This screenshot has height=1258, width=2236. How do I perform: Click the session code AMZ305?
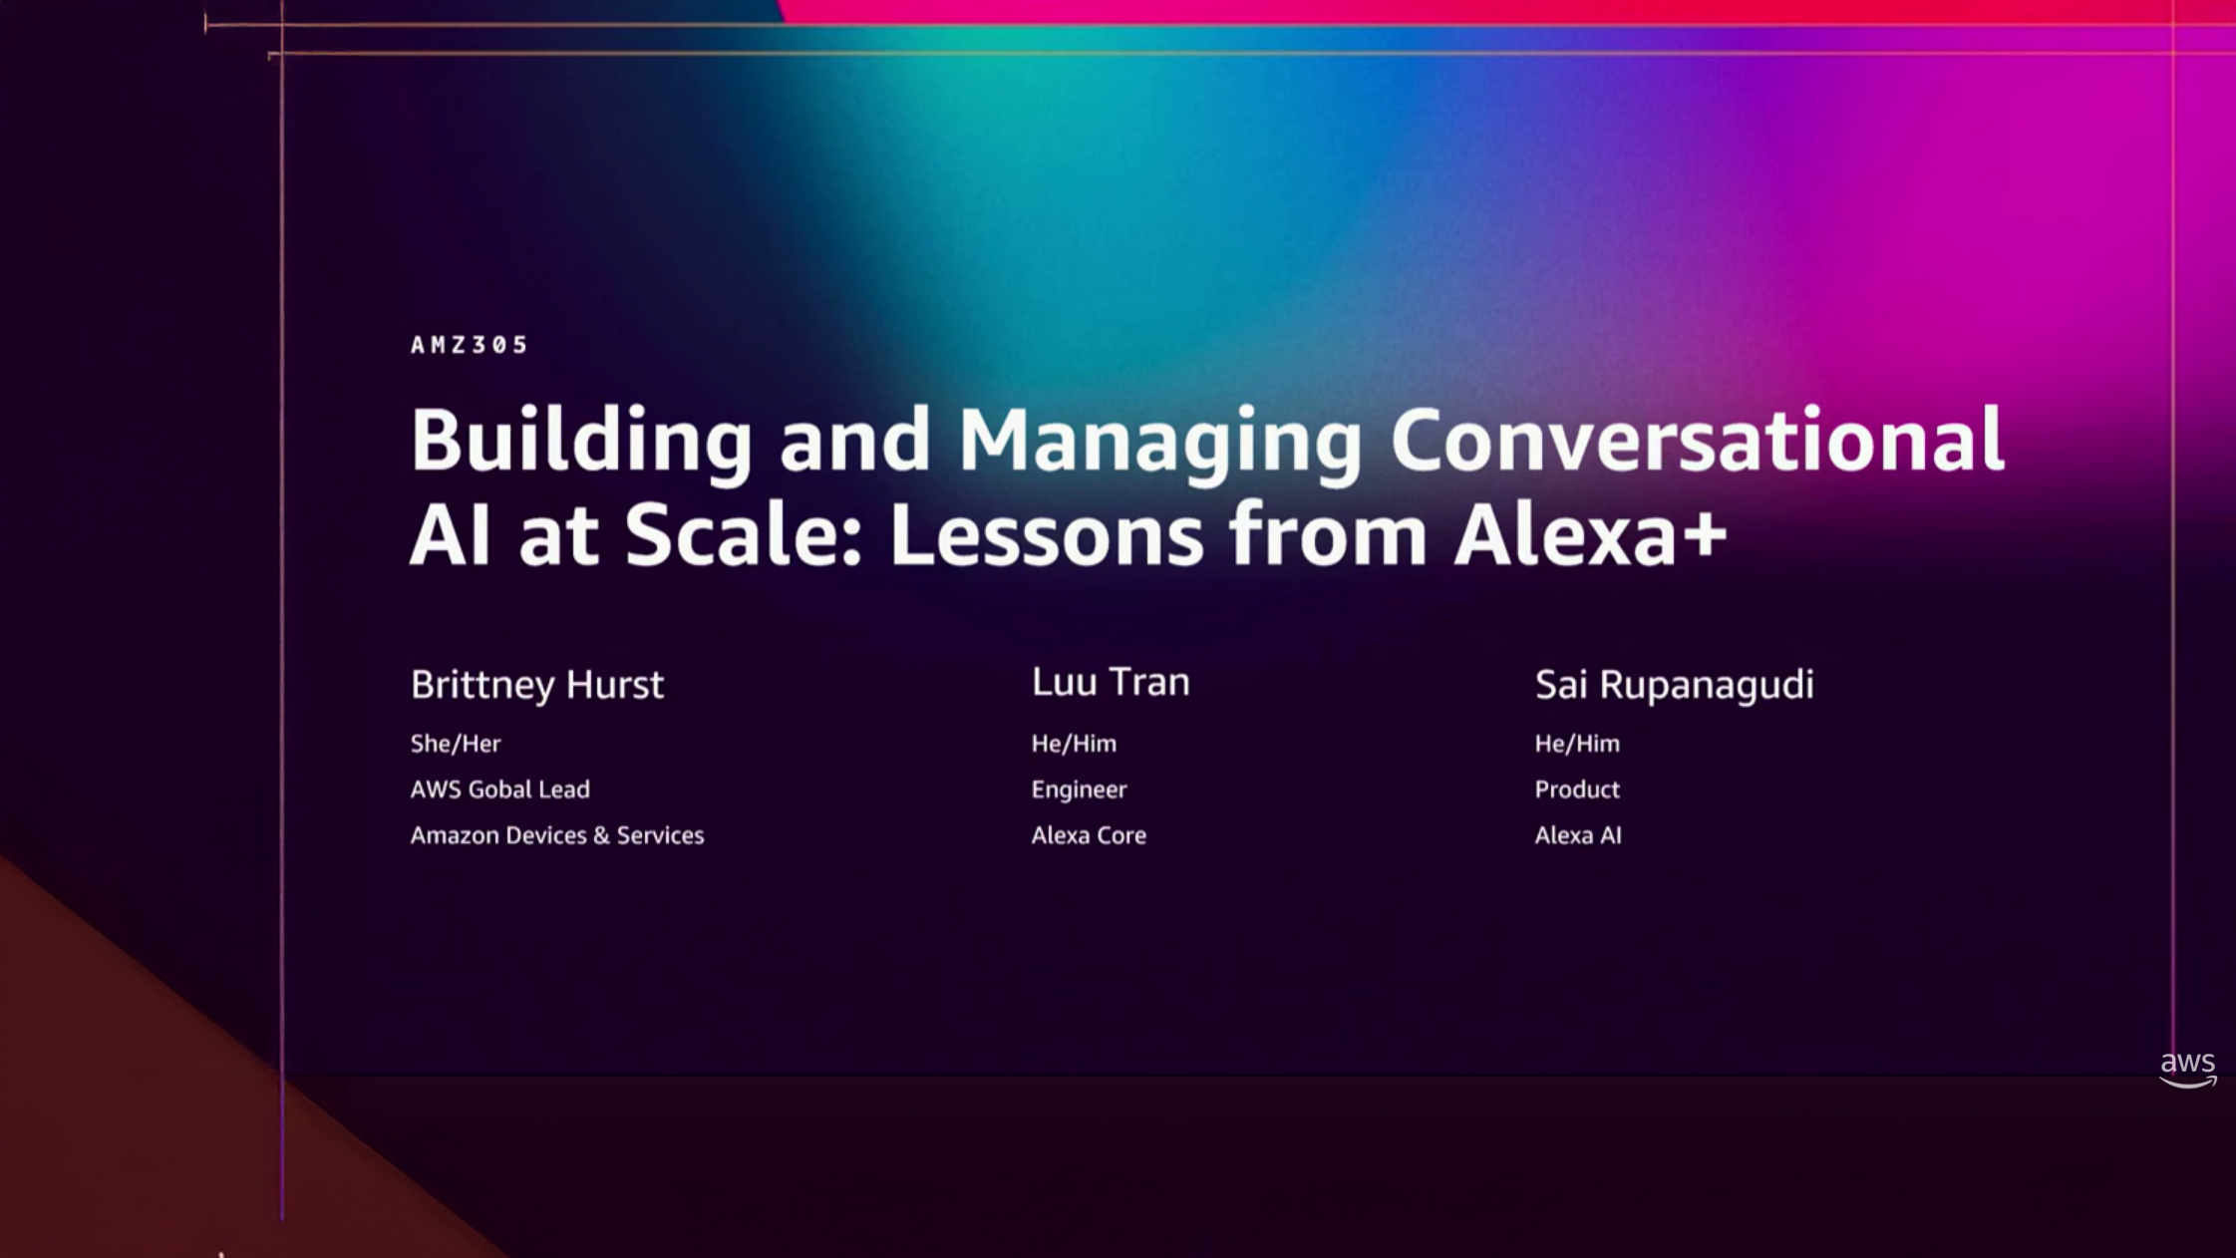pos(469,345)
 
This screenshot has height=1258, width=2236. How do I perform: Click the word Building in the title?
pos(581,442)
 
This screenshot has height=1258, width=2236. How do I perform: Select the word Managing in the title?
pos(1160,442)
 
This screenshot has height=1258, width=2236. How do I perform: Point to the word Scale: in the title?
pos(743,534)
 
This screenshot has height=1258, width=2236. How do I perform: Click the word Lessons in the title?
pos(1047,534)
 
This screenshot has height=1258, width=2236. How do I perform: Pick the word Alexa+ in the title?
pos(1591,534)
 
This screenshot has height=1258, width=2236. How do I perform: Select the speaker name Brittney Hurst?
pos(537,686)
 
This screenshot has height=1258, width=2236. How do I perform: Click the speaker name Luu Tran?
pos(1111,682)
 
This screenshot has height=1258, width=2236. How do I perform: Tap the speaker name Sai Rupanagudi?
pos(1675,686)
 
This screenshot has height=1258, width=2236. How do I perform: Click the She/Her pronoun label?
pos(456,744)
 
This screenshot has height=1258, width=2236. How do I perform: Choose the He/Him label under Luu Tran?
pos(1074,744)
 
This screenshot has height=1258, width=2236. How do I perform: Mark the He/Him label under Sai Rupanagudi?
pos(1577,744)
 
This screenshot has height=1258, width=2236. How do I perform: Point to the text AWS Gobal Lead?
pos(500,789)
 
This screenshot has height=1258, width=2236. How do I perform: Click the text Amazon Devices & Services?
pos(557,835)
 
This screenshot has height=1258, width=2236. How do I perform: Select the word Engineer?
pos(1080,790)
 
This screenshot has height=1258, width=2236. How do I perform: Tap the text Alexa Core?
pos(1089,835)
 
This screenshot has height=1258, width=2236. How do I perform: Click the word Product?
pos(1577,789)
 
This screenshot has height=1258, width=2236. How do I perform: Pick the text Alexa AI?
pos(1578,835)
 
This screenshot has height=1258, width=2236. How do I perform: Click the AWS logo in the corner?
pos(2188,1070)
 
